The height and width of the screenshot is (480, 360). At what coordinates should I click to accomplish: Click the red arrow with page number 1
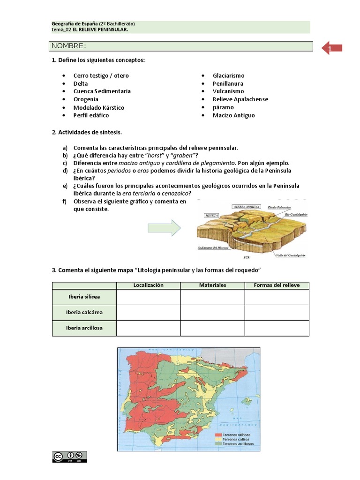pyautogui.click(x=332, y=48)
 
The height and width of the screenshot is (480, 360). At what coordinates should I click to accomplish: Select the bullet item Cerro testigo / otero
pyautogui.click(x=101, y=75)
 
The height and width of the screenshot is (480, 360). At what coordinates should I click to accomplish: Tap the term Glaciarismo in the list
pyautogui.click(x=228, y=75)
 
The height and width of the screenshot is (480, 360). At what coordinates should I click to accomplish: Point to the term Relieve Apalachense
pyautogui.click(x=240, y=99)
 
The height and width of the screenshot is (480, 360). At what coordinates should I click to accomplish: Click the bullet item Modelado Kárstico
pyautogui.click(x=98, y=107)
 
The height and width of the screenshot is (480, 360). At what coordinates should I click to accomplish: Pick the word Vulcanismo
pyautogui.click(x=228, y=91)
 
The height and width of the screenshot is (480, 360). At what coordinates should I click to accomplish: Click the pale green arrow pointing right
pyautogui.click(x=164, y=228)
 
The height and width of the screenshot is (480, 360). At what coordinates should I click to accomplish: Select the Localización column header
pyautogui.click(x=148, y=285)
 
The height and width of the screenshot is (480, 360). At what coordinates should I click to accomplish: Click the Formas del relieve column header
pyautogui.click(x=277, y=285)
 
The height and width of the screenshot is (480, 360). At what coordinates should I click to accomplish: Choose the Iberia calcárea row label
pyautogui.click(x=84, y=312)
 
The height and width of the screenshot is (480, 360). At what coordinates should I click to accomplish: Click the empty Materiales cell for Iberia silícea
pyautogui.click(x=212, y=297)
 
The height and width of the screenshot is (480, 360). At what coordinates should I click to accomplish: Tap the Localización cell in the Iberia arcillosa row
pyautogui.click(x=148, y=328)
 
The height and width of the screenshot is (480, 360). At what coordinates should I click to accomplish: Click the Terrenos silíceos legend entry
pyautogui.click(x=234, y=435)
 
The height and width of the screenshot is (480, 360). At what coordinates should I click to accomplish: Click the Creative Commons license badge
pyautogui.click(x=69, y=457)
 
